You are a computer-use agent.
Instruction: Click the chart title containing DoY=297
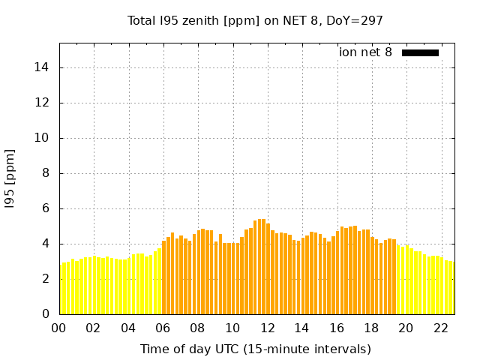click(256, 20)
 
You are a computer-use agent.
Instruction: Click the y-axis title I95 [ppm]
click(10, 178)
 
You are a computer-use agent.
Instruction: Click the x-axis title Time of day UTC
click(256, 349)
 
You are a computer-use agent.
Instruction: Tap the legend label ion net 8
click(365, 52)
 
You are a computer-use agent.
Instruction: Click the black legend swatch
click(420, 52)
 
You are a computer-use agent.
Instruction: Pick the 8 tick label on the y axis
click(45, 173)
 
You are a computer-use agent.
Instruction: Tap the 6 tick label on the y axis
click(45, 208)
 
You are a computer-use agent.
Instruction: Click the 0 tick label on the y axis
click(45, 314)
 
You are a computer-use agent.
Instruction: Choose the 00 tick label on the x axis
click(59, 328)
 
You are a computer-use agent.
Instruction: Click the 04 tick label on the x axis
click(128, 328)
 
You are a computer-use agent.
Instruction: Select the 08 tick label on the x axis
click(198, 328)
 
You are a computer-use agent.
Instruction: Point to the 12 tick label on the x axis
click(267, 328)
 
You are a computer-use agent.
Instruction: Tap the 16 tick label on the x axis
click(337, 328)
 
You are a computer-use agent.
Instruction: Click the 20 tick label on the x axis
click(406, 328)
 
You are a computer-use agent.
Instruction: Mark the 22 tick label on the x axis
click(440, 328)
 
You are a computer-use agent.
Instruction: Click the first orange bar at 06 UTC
click(164, 277)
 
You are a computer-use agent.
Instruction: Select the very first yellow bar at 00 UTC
click(61, 289)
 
